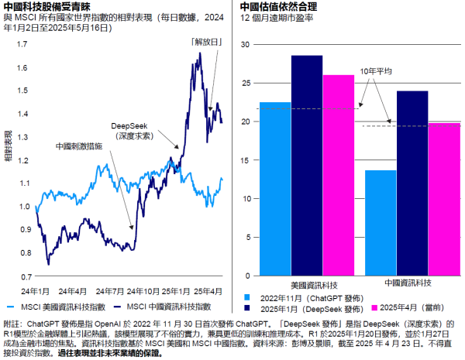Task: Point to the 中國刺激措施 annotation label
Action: pyautogui.click(x=78, y=145)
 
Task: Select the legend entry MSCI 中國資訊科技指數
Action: pyautogui.click(x=175, y=307)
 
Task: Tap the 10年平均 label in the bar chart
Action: pyautogui.click(x=376, y=71)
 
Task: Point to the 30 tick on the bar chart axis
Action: pyautogui.click(x=245, y=45)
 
